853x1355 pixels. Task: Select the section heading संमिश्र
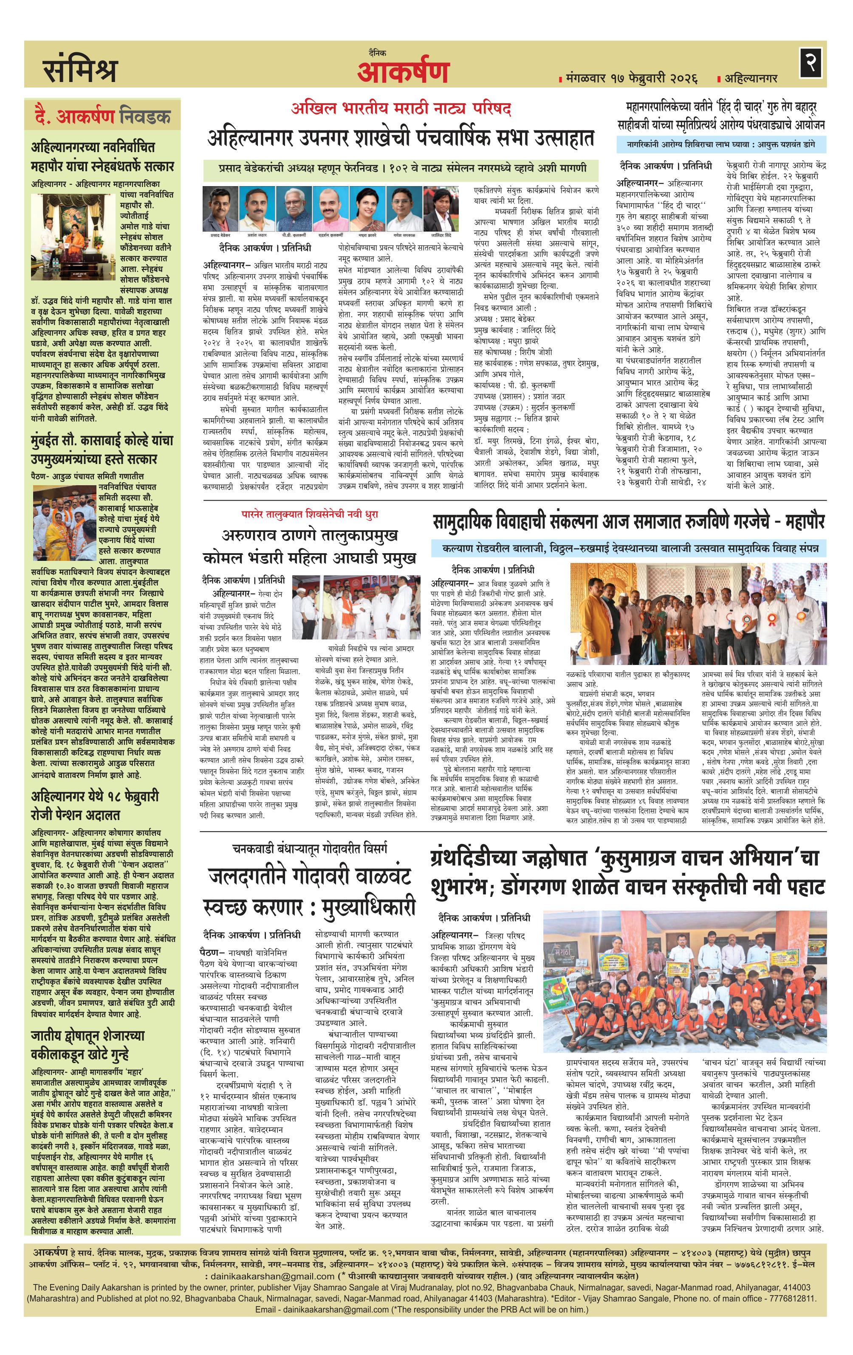pyautogui.click(x=80, y=69)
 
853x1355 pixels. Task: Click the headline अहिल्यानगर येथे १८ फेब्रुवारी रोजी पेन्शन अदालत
pyautogui.click(x=95, y=805)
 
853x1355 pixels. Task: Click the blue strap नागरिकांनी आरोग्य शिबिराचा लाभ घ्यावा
pyautogui.click(x=721, y=144)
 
